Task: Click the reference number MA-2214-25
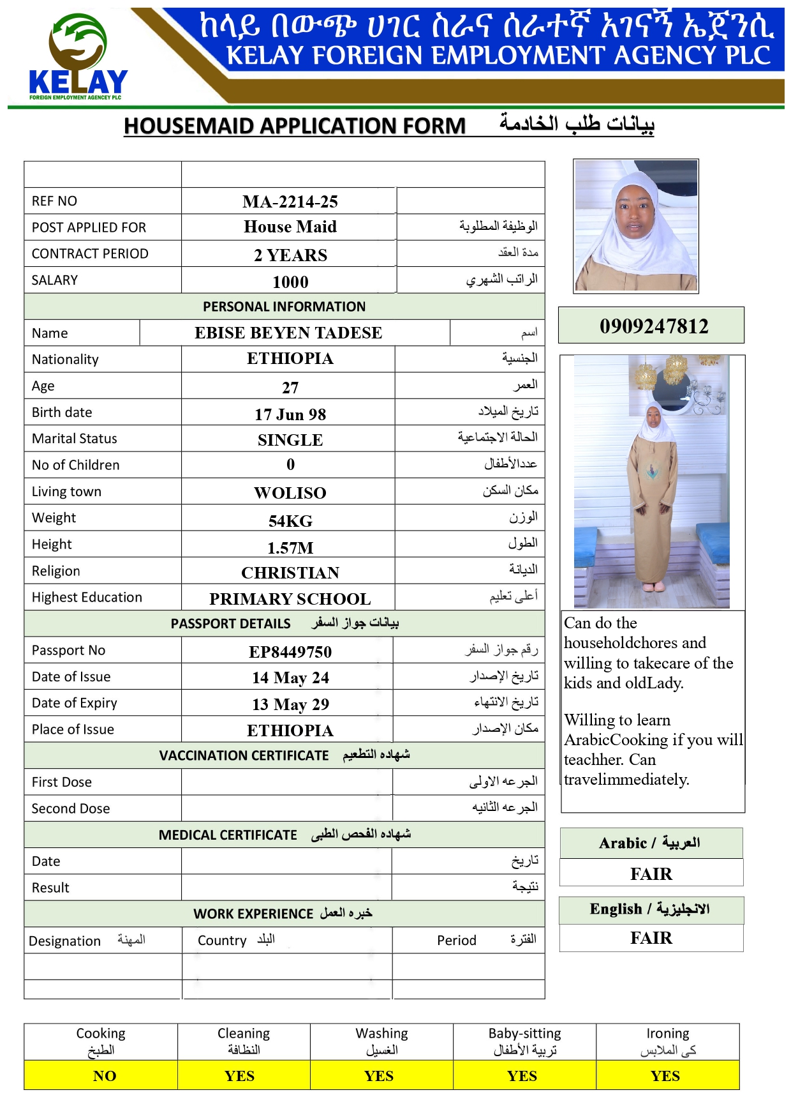coord(290,202)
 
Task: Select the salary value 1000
coord(290,282)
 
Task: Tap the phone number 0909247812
coord(654,326)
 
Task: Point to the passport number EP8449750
coord(290,652)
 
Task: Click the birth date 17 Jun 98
coord(290,414)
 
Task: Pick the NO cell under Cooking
coord(105,1076)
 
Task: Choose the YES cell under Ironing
coord(665,1076)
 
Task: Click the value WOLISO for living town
coord(290,493)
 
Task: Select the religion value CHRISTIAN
coord(290,573)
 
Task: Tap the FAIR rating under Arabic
coord(651,874)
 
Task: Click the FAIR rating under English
coord(651,937)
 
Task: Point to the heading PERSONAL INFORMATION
coord(285,306)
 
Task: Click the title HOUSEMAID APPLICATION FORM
coord(295,126)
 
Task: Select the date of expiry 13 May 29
coord(290,704)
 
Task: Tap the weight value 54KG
coord(290,521)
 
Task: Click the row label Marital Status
coord(75,439)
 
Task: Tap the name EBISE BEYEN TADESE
coord(288,333)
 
